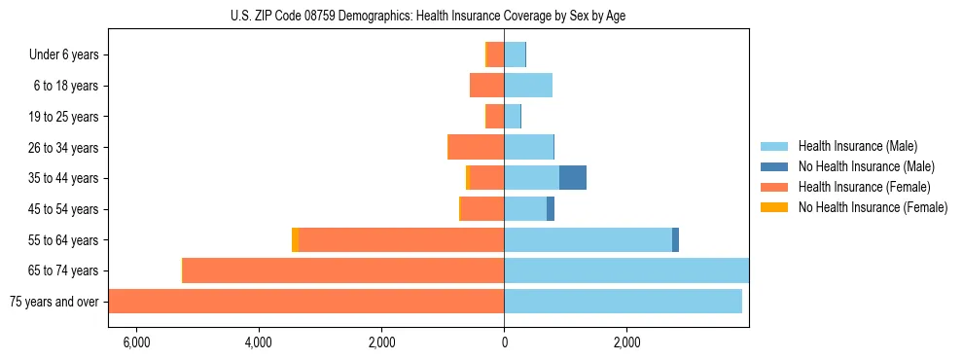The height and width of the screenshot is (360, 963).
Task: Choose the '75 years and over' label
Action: click(54, 302)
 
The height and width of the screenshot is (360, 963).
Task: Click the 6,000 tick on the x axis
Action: click(136, 342)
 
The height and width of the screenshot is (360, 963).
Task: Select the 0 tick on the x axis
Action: click(504, 342)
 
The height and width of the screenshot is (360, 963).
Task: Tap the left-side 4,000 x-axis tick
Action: click(259, 342)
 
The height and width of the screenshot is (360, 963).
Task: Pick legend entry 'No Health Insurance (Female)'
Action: click(873, 207)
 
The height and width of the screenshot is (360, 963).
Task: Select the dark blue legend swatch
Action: click(774, 166)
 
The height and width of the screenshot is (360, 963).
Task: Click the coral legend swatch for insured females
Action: click(774, 187)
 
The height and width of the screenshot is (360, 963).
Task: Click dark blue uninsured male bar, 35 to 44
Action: click(572, 178)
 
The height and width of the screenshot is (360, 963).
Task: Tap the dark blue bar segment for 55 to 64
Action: click(675, 240)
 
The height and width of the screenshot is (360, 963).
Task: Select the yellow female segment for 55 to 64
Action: click(295, 240)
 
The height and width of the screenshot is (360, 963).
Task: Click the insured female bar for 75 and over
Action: click(305, 302)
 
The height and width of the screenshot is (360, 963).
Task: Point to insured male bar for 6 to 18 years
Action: click(528, 86)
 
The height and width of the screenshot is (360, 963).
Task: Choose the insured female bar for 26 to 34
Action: click(476, 147)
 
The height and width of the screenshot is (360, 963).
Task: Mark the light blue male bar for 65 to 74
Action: click(625, 270)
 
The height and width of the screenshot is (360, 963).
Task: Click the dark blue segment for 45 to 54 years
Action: click(551, 209)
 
